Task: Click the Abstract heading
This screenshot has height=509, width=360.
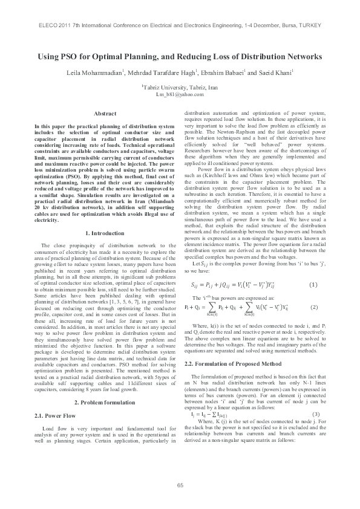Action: pyautogui.click(x=105, y=114)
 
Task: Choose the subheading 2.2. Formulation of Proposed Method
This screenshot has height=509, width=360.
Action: pyautogui.click(x=224, y=346)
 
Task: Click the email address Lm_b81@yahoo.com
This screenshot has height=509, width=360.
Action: pyautogui.click(x=180, y=96)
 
